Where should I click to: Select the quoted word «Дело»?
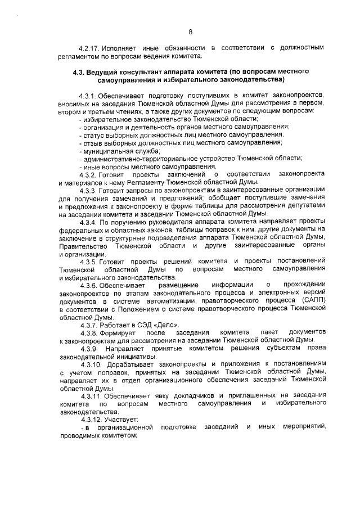coord(164,325)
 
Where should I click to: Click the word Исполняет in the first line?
coord(124,48)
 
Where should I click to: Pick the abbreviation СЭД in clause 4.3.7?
coord(145,325)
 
